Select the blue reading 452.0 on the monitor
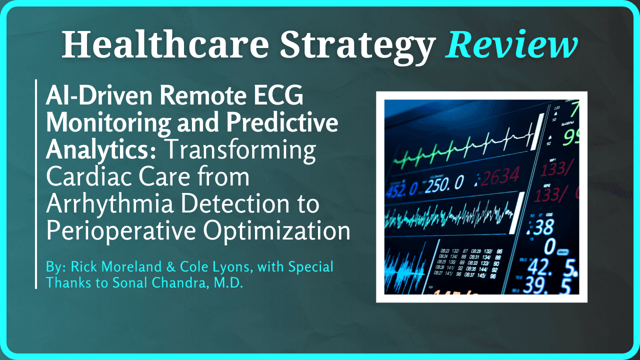[x=403, y=189]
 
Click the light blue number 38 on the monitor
[x=543, y=227]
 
